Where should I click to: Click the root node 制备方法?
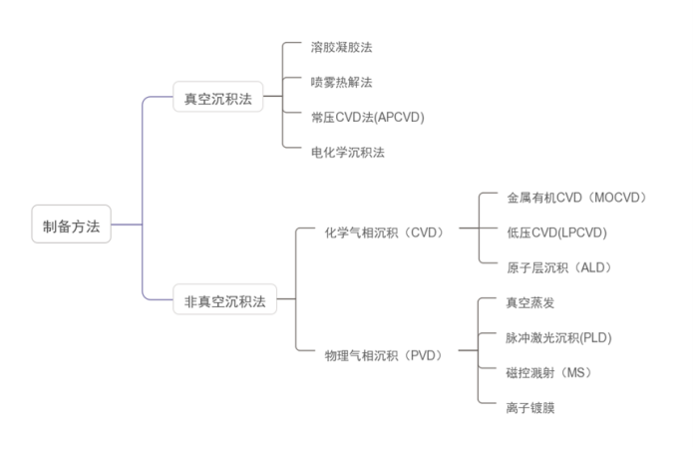click(x=71, y=225)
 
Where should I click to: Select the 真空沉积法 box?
click(x=217, y=99)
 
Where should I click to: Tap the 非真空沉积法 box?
click(x=224, y=300)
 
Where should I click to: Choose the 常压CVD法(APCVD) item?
click(x=367, y=117)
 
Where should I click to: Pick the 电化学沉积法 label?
click(x=348, y=152)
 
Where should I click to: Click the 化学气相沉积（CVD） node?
click(x=384, y=232)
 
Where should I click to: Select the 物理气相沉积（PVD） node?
click(x=384, y=354)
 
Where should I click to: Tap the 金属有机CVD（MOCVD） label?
click(x=576, y=198)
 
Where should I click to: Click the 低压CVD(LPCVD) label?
click(x=556, y=232)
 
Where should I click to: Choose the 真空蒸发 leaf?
click(x=529, y=302)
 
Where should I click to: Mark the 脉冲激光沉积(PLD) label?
click(x=558, y=337)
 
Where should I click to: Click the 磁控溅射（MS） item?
click(x=548, y=372)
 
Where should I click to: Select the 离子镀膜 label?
click(x=529, y=407)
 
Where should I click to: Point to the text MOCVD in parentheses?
click(x=618, y=198)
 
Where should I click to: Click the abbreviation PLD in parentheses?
click(x=595, y=337)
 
